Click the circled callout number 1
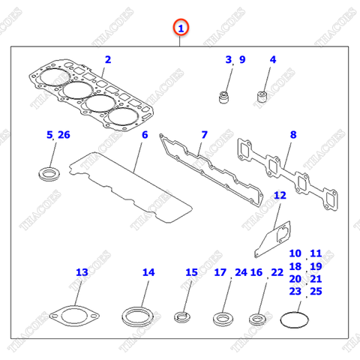181,28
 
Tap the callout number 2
107,59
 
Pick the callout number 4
272,59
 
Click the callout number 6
144,135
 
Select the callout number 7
203,135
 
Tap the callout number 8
293,135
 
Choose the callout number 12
279,196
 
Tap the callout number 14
148,272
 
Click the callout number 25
315,291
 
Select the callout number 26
64,135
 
